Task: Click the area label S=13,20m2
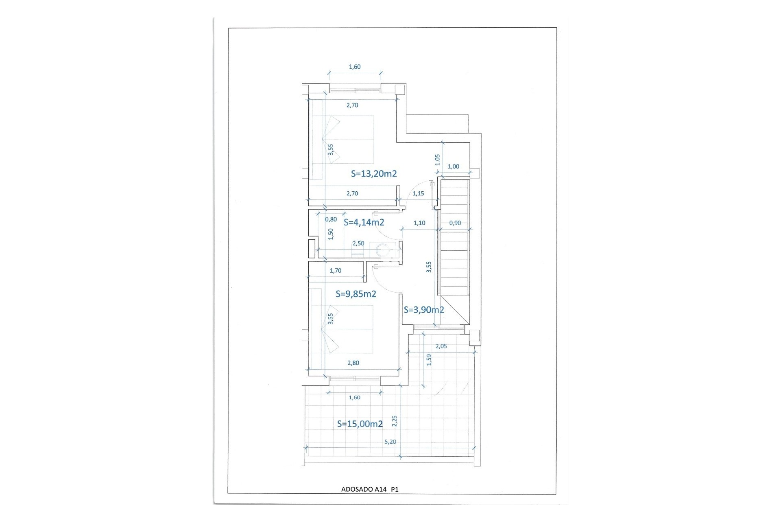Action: [x=374, y=174]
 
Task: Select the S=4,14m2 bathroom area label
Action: [x=364, y=222]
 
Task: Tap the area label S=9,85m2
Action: [x=356, y=294]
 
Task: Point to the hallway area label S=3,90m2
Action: [x=423, y=310]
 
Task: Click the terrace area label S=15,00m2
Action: [x=360, y=424]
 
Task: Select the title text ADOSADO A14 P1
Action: [x=369, y=490]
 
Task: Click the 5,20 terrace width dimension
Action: [x=390, y=442]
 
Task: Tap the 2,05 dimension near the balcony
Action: [x=441, y=346]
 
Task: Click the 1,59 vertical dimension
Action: [x=429, y=360]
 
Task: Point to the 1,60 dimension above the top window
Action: [x=355, y=67]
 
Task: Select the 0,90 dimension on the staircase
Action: [x=455, y=223]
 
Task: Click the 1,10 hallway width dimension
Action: [x=419, y=223]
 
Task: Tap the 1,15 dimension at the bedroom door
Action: [x=418, y=193]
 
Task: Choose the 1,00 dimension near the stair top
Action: [x=453, y=166]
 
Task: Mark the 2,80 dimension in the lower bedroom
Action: [x=353, y=363]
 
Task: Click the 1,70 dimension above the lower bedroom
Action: [x=336, y=270]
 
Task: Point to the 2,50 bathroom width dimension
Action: [x=358, y=243]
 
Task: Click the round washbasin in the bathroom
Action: [x=382, y=249]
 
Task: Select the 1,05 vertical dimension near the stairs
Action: [x=438, y=160]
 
